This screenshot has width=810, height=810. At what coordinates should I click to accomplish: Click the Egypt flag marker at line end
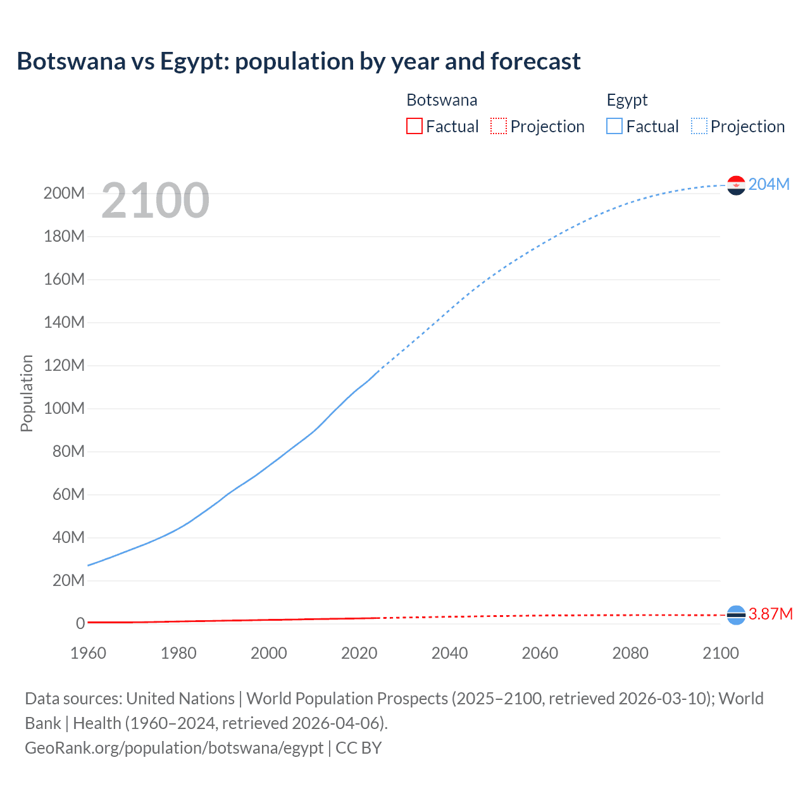[736, 185]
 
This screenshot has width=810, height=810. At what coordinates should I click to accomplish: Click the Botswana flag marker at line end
[736, 614]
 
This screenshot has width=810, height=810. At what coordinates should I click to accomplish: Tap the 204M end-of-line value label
[769, 184]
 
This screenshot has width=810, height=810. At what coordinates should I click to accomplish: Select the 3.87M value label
[770, 614]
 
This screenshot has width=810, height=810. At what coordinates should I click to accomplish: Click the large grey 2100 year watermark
[155, 201]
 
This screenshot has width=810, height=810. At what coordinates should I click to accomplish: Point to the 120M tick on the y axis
[64, 365]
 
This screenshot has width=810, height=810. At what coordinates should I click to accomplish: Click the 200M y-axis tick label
[64, 193]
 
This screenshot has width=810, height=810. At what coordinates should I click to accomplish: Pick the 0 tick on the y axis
[80, 623]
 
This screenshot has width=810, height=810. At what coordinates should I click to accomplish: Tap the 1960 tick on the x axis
[88, 653]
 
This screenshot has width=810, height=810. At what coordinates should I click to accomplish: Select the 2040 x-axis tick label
[449, 653]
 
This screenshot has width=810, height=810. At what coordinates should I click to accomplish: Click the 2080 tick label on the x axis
[630, 653]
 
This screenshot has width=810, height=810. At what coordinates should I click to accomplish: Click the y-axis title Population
[27, 393]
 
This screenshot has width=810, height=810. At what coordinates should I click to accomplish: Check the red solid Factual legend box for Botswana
[414, 127]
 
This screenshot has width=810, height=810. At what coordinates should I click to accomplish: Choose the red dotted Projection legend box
[499, 127]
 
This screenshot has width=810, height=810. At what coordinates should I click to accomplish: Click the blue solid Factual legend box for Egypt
[614, 127]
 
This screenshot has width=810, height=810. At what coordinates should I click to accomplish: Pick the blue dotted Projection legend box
[699, 127]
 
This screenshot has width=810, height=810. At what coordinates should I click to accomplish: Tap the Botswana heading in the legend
[442, 100]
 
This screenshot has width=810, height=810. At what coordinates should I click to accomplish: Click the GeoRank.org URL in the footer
[174, 747]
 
